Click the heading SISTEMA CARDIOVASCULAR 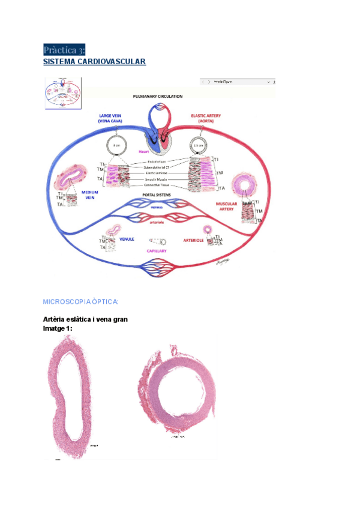tap(95, 62)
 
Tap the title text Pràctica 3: tap(64, 49)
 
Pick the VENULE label tap(127, 239)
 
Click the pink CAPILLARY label tap(156, 251)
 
